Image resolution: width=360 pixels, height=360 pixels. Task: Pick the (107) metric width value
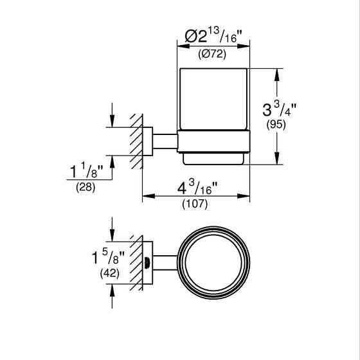196,205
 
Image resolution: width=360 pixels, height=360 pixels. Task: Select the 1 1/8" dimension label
86,172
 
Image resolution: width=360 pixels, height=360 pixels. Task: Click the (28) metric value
85,188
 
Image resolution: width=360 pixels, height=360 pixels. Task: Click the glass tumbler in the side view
213,99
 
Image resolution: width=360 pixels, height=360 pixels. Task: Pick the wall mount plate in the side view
148,141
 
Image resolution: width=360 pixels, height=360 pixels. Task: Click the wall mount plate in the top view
147,262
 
